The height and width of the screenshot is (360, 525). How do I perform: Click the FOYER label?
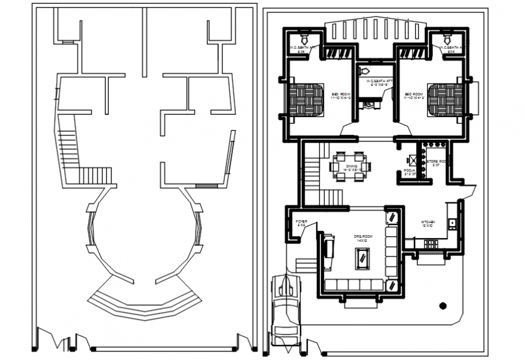[301, 223]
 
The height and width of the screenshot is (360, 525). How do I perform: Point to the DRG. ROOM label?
[362, 238]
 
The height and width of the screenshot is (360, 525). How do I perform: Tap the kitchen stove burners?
[431, 244]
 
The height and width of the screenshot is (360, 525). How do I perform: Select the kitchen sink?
[452, 223]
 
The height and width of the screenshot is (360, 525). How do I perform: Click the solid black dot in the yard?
[444, 305]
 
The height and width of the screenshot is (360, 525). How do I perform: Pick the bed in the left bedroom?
[305, 98]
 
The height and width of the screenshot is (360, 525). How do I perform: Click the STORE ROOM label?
[436, 163]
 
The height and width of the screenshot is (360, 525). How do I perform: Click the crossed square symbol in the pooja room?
[412, 160]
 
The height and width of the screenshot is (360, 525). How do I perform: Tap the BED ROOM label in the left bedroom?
[341, 96]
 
